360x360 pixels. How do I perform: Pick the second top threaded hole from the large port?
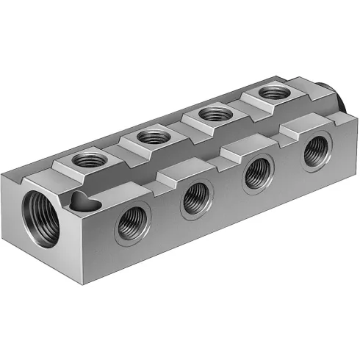[153, 135]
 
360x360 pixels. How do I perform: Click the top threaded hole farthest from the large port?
[273, 93]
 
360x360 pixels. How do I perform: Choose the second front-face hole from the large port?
[196, 199]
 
